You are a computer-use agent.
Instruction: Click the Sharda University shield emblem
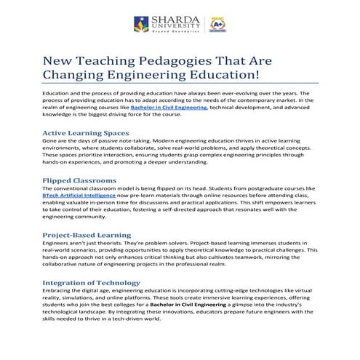pos(141,25)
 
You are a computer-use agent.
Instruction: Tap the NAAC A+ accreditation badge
pos(215,25)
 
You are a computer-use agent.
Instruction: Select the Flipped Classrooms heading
pos(79,179)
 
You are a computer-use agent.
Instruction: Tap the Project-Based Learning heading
pos(87,235)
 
